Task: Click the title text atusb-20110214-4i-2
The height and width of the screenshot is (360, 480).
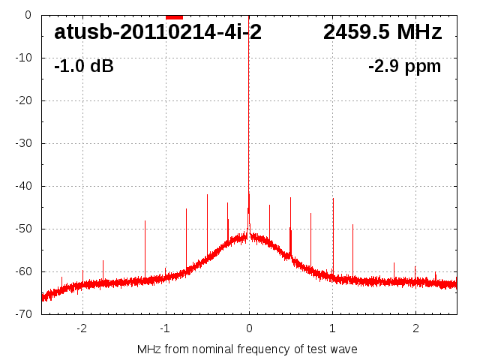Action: tap(157, 32)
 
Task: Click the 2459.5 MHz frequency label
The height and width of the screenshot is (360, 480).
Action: tap(382, 32)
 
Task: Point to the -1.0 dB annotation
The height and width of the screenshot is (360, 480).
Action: tap(84, 66)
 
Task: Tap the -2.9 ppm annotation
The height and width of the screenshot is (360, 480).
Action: tap(404, 66)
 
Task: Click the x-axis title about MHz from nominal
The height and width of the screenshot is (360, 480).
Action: tap(247, 349)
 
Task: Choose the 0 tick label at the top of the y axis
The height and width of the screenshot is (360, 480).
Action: tap(27, 15)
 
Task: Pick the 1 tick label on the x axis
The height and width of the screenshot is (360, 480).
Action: tap(332, 328)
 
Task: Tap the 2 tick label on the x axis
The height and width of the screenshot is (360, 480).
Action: tap(415, 328)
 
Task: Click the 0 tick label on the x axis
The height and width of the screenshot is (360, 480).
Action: tap(249, 328)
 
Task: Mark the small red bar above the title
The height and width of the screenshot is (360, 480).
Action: tap(174, 16)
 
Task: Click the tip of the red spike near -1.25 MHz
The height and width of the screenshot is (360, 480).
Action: tap(145, 221)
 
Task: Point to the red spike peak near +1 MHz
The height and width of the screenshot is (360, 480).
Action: tap(333, 199)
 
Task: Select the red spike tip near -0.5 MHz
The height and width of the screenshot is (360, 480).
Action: tap(207, 195)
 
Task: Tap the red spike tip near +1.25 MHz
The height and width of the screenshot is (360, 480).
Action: tap(352, 225)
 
